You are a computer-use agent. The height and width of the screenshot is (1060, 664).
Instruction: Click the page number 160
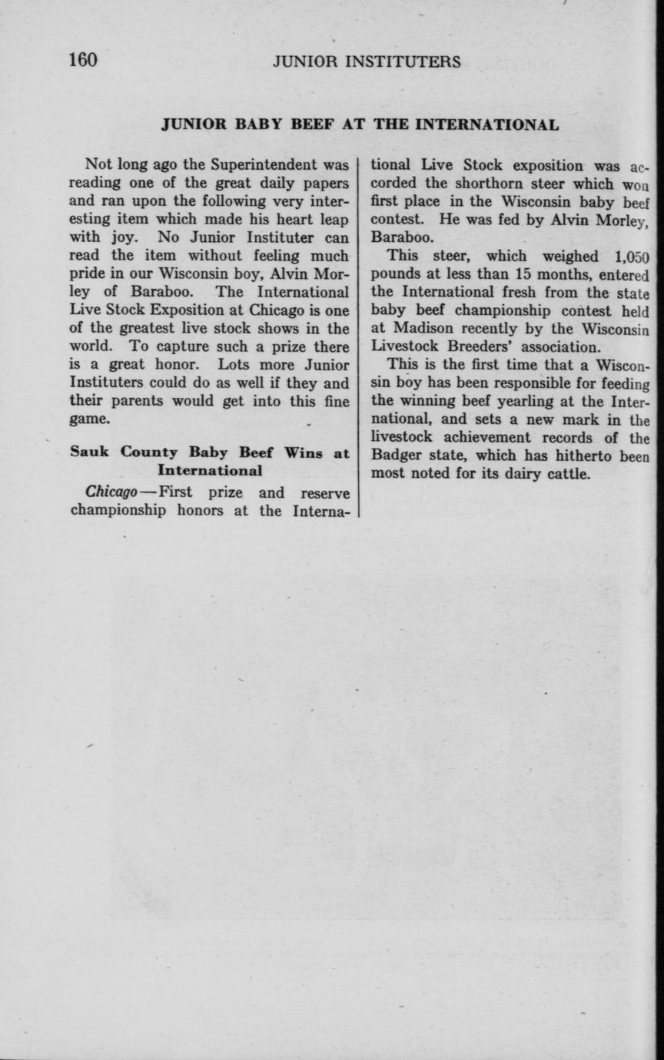83,60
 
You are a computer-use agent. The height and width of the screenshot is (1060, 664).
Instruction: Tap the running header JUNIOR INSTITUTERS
367,62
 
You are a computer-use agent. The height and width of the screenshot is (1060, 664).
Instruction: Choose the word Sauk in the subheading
91,452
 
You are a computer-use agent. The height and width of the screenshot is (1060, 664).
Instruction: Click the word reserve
326,493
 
